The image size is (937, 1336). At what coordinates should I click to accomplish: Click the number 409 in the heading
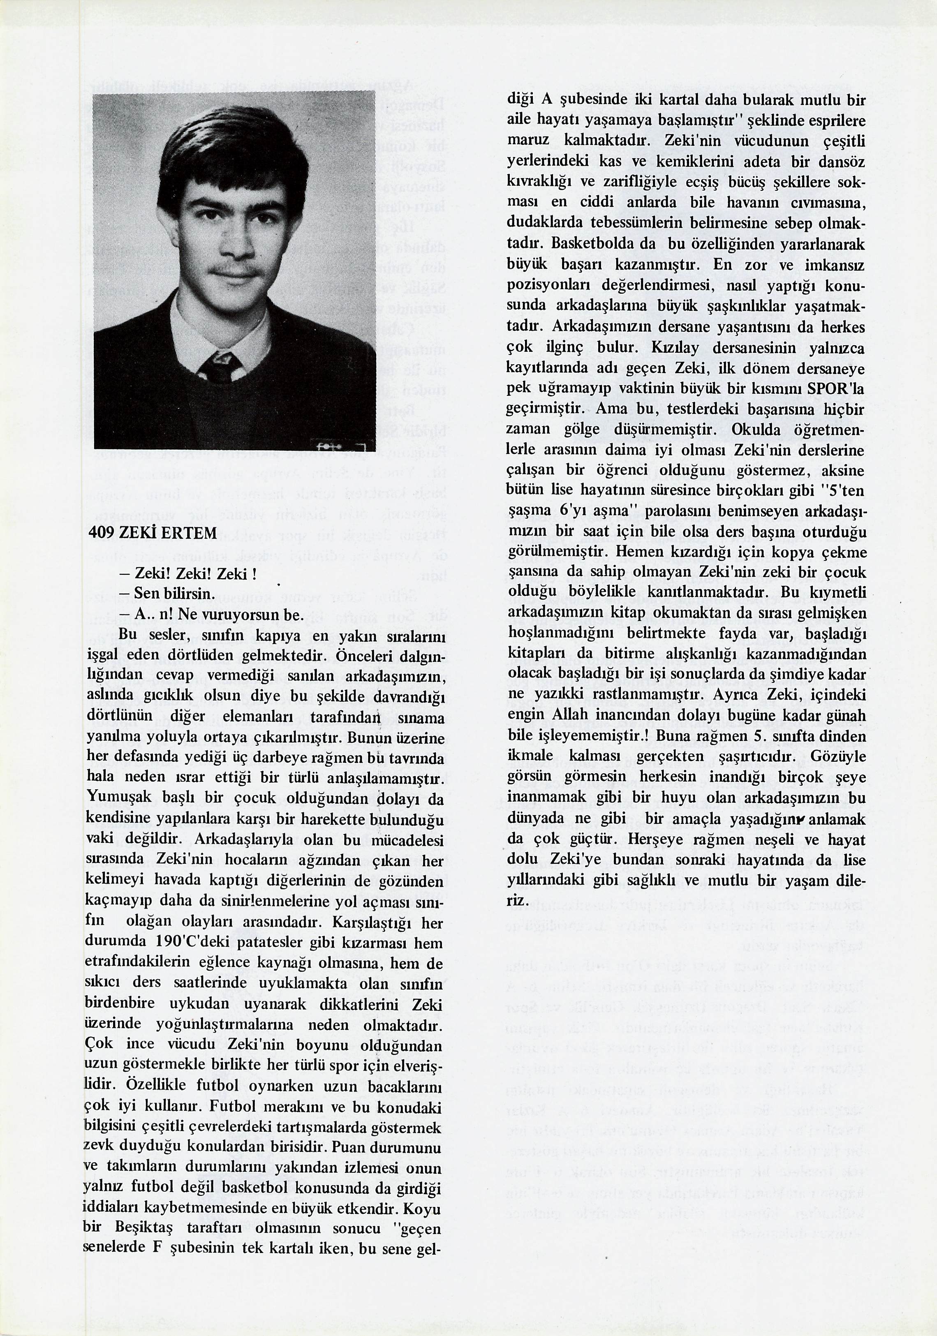(x=100, y=533)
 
